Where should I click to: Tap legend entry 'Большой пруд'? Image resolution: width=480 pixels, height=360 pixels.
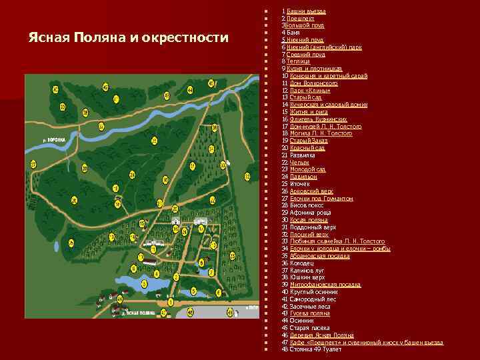306,25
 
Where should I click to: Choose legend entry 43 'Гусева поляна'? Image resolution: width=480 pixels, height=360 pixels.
309,313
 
